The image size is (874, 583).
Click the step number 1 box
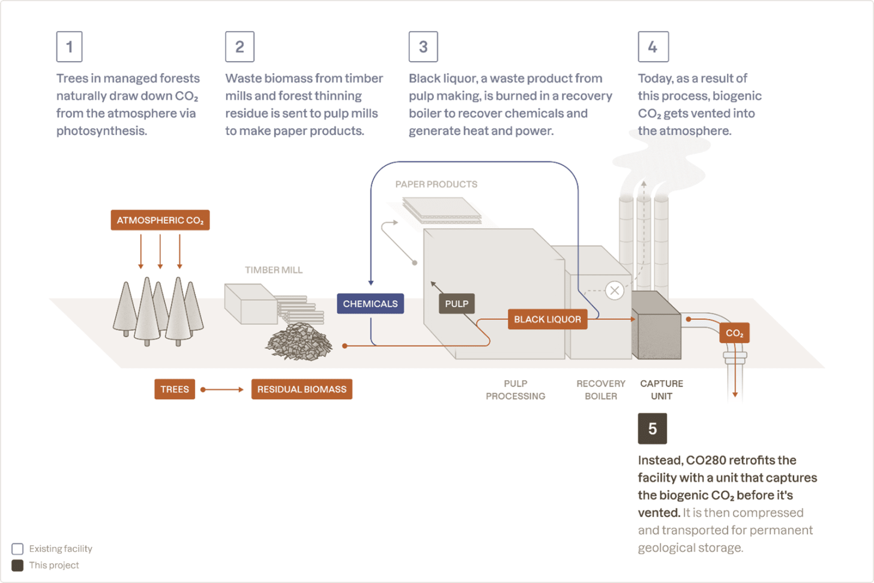pos(69,47)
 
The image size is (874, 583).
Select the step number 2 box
pos(240,47)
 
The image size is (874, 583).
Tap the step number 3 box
pos(423,47)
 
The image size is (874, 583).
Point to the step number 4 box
pos(653,47)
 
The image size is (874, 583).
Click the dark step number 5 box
pos(652,429)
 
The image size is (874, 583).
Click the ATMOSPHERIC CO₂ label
pos(160,220)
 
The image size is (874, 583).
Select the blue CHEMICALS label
pos(370,304)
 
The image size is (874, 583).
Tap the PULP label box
pos(457,304)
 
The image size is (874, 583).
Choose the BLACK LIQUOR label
pos(547,319)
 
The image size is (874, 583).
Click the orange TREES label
pos(175,389)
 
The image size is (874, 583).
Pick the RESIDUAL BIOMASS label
pos(302,389)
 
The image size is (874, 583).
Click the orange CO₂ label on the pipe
pos(734,333)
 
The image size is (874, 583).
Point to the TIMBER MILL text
pos(274,270)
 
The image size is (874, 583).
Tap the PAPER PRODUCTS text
pos(436,184)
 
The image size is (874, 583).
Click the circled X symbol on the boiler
pos(614,291)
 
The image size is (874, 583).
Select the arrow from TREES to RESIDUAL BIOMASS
pos(223,390)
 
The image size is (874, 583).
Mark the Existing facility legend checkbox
pos(17,549)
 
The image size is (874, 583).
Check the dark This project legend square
pos(17,565)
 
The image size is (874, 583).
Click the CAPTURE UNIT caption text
pos(662,390)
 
